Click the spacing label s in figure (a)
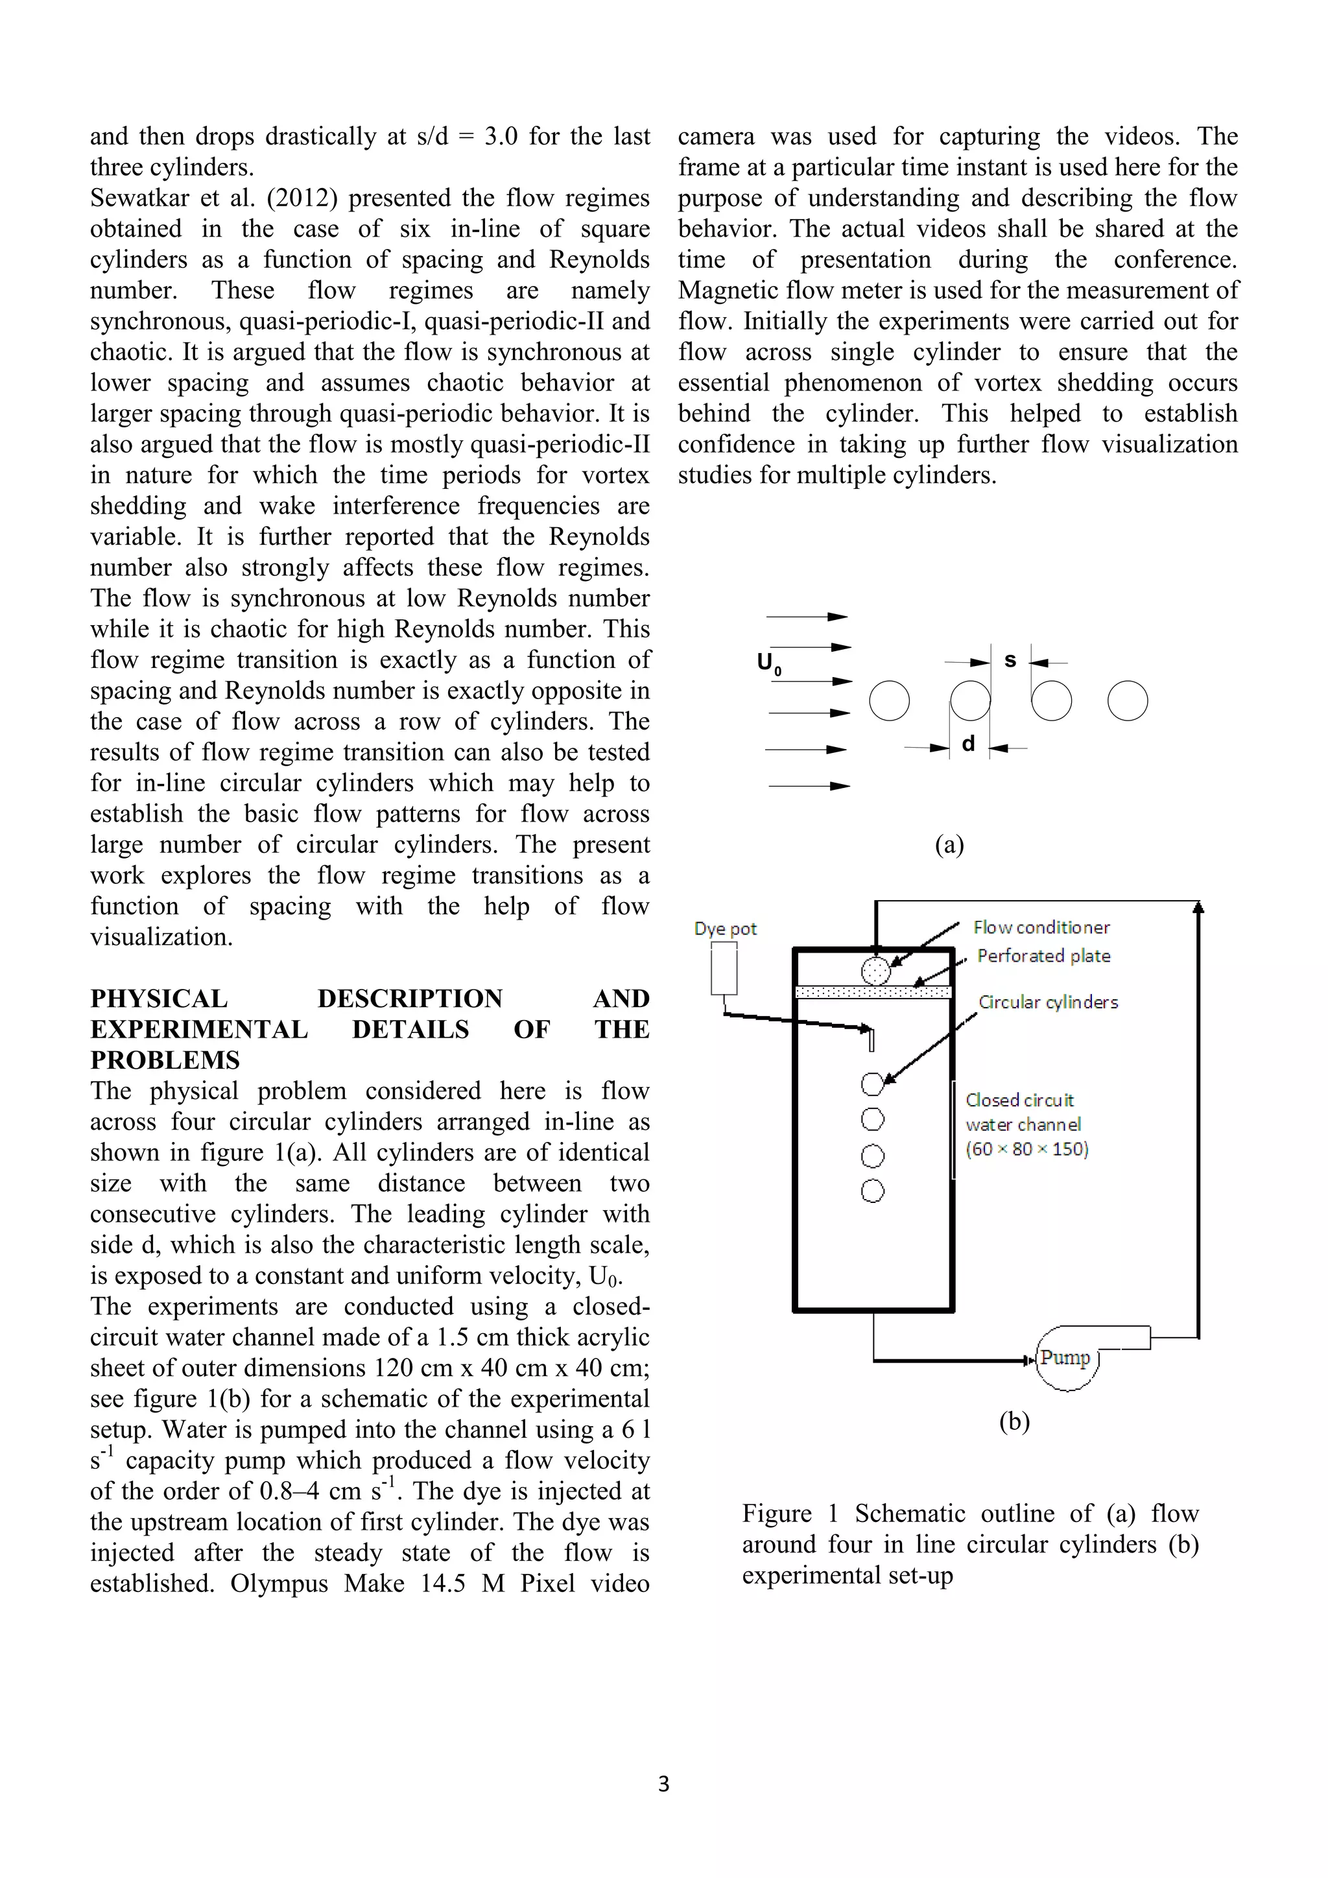click(x=1010, y=660)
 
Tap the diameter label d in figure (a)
click(x=968, y=744)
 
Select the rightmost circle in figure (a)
click(x=1128, y=701)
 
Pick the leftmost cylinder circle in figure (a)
click(x=889, y=701)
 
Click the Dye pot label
click(x=726, y=929)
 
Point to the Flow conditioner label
click(x=1041, y=927)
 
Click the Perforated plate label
click(x=1043, y=956)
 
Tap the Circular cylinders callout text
click(x=1049, y=1002)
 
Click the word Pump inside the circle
click(x=1065, y=1358)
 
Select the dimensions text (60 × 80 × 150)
click(x=1026, y=1149)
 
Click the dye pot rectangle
click(x=724, y=968)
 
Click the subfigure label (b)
click(x=1014, y=1421)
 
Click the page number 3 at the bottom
click(x=663, y=1784)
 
